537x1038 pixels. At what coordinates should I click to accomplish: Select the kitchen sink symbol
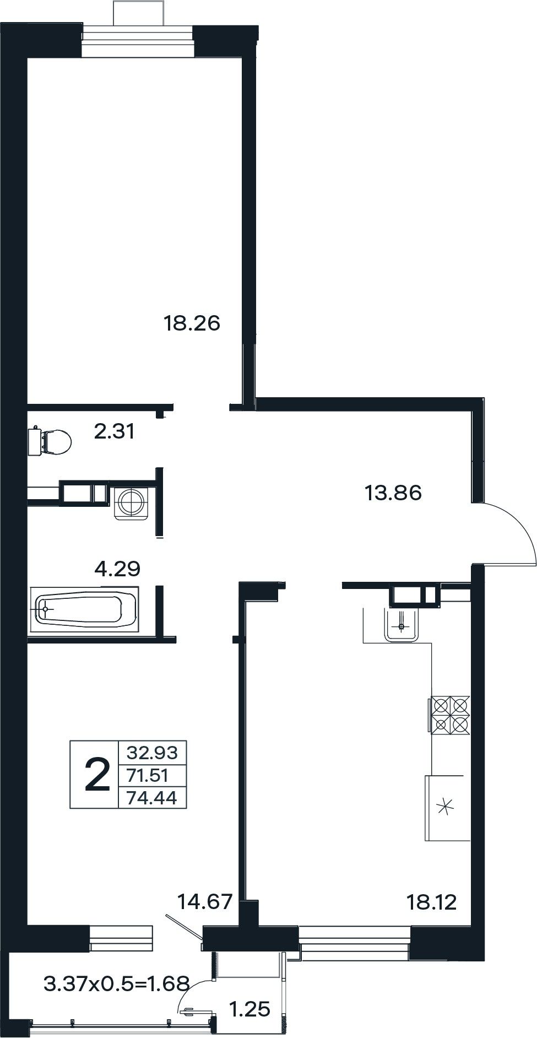[x=402, y=625]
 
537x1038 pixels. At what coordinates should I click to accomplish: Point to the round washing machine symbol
[x=132, y=501]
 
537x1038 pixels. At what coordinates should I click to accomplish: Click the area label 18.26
[x=192, y=323]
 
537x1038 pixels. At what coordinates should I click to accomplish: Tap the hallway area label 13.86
[x=393, y=493]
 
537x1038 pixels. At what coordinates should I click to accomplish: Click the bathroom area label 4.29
[x=117, y=568]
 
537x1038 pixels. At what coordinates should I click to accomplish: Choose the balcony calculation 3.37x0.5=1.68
[x=117, y=982]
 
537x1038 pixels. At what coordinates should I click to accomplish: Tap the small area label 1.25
[x=249, y=1009]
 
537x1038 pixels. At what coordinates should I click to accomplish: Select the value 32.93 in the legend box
[x=152, y=752]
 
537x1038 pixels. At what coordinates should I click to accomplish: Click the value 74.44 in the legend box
[x=152, y=798]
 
